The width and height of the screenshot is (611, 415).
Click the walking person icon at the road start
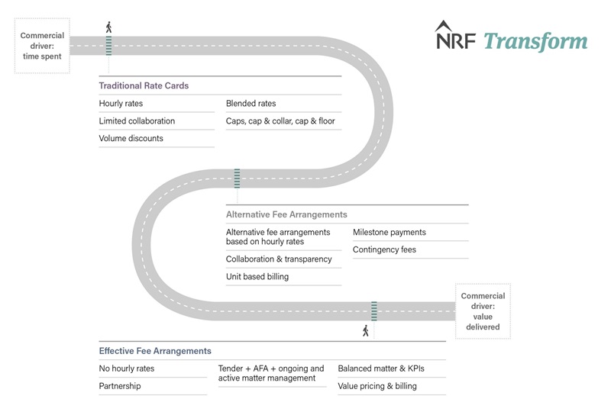pyautogui.click(x=108, y=27)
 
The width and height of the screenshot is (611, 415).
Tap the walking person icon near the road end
pyautogui.click(x=366, y=331)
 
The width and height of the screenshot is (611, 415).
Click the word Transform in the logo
pyautogui.click(x=535, y=41)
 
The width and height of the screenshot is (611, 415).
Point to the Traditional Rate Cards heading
pyautogui.click(x=144, y=85)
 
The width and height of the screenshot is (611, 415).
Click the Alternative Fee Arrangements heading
pyautogui.click(x=286, y=214)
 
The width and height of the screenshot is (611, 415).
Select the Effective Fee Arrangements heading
pyautogui.click(x=155, y=351)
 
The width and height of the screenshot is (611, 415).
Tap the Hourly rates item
pyautogui.click(x=121, y=104)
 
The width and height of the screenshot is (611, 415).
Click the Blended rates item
pyautogui.click(x=251, y=104)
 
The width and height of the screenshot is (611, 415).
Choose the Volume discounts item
pyautogui.click(x=131, y=138)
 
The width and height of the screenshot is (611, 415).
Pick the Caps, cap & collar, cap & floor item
pyautogui.click(x=280, y=121)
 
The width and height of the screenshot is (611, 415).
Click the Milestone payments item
pyautogui.click(x=390, y=233)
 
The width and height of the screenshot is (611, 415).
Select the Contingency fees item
pyautogui.click(x=385, y=249)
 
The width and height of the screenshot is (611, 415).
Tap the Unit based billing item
pyautogui.click(x=257, y=276)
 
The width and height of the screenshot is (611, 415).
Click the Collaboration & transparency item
pyautogui.click(x=279, y=259)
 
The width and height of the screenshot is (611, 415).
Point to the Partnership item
pyautogui.click(x=120, y=386)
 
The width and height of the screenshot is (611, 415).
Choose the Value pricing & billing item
pyautogui.click(x=377, y=386)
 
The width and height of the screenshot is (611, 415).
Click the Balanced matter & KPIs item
pyautogui.click(x=381, y=368)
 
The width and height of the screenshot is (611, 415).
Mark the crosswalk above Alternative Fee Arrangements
pyautogui.click(x=237, y=179)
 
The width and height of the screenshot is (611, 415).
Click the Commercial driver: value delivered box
pyautogui.click(x=483, y=311)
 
